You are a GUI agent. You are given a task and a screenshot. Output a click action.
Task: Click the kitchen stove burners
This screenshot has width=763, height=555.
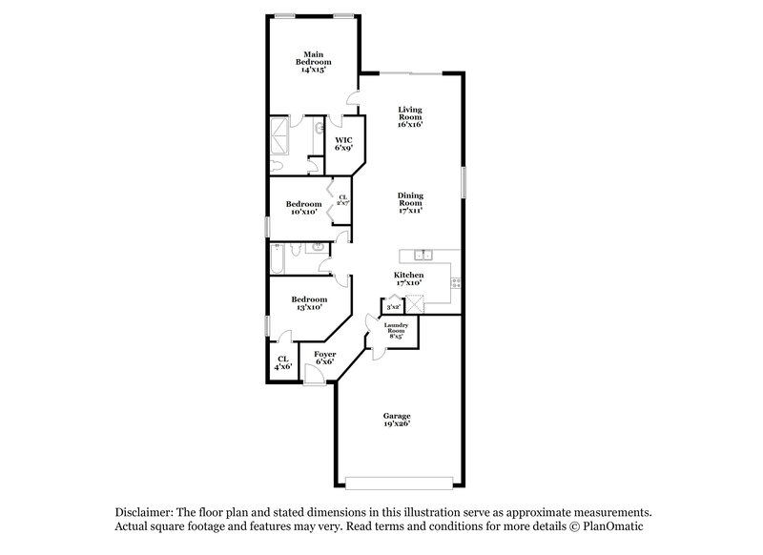pos(455,282)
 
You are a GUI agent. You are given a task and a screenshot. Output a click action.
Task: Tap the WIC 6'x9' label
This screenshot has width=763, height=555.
pos(343,144)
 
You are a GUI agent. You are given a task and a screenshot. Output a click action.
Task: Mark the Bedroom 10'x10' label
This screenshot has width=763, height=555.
pos(303,208)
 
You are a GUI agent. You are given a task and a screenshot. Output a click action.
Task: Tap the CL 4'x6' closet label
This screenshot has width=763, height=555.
pos(282,362)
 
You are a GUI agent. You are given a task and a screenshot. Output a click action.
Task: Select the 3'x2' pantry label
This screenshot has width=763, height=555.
pos(392,307)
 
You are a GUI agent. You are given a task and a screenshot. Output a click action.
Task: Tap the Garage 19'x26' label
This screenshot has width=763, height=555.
pos(397,421)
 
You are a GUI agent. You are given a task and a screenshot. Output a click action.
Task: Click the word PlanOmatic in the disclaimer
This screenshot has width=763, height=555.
pos(618,526)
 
